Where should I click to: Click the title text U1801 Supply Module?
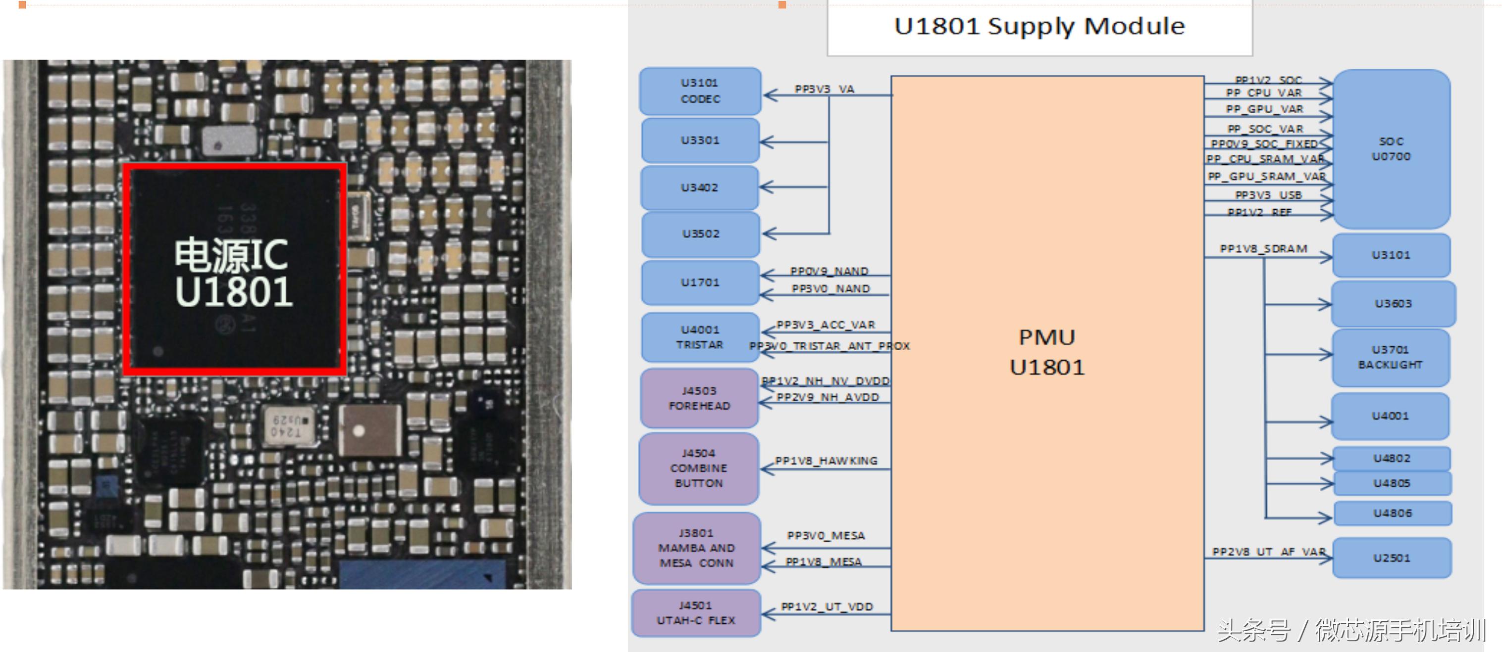click(x=1039, y=27)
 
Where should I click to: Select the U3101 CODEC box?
click(x=700, y=92)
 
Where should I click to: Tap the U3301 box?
click(x=700, y=140)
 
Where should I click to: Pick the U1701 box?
click(x=700, y=282)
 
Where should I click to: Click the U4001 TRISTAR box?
click(x=700, y=337)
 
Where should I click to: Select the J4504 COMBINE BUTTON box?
click(x=699, y=468)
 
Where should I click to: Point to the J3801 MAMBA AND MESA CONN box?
click(x=697, y=548)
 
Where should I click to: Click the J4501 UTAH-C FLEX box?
click(x=696, y=613)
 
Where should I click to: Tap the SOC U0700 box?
click(x=1391, y=149)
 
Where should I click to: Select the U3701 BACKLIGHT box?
click(x=1391, y=357)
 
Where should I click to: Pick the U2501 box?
click(x=1391, y=558)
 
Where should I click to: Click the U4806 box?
click(x=1393, y=513)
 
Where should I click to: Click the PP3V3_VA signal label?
click(x=824, y=89)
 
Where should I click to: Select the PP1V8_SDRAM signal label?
click(x=1263, y=249)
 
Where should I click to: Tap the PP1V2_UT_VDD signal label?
click(x=827, y=607)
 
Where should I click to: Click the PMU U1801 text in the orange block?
click(x=1047, y=353)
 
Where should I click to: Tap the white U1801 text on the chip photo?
click(x=234, y=292)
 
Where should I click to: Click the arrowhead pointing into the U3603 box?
click(x=1325, y=304)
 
